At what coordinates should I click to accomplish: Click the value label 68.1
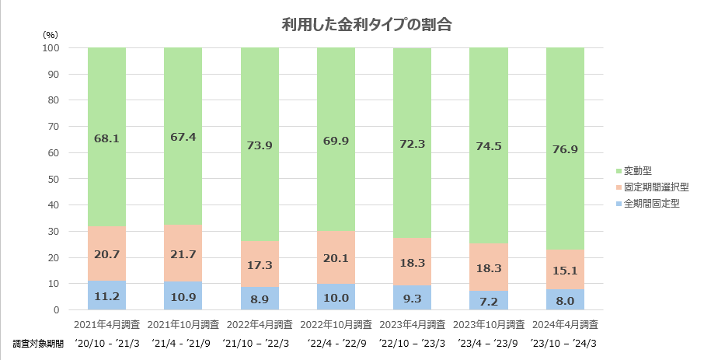[x=106, y=138]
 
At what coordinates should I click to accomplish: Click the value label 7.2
[x=489, y=299]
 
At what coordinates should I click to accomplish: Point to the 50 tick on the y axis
[x=52, y=179]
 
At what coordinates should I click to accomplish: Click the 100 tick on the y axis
[x=50, y=48]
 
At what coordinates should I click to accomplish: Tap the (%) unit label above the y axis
[x=51, y=34]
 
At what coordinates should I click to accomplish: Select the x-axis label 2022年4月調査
[x=260, y=323]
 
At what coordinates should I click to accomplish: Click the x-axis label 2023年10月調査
[x=489, y=323]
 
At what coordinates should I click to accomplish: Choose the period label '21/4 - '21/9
[x=183, y=343]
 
